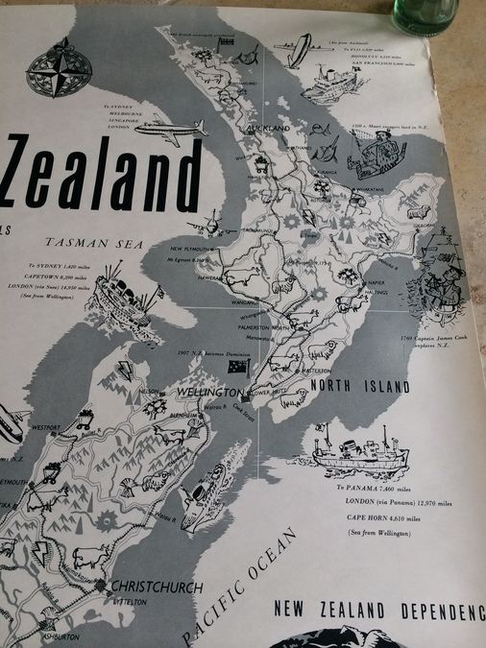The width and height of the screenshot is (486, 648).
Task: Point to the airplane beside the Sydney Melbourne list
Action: (178, 132)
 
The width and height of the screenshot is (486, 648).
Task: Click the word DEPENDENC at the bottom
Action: (443, 611)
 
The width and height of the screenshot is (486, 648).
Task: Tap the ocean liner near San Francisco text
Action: (336, 84)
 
